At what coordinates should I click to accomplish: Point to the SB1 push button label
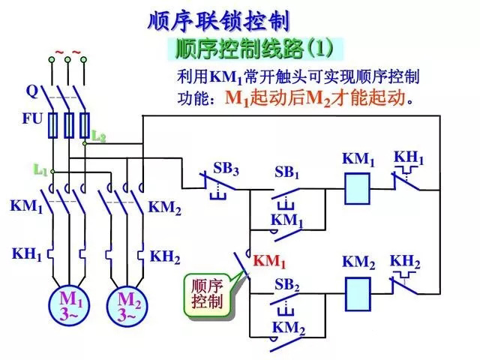[x=286, y=173]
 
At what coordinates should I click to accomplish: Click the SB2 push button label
[x=286, y=285]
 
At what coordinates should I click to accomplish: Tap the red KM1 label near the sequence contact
[x=269, y=261]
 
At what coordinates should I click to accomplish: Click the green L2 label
[x=98, y=136]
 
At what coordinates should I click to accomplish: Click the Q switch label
[x=31, y=91]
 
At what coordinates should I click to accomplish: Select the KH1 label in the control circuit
[x=409, y=159]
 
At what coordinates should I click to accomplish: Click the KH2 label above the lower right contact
[x=405, y=262]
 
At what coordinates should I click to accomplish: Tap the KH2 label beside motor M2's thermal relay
[x=165, y=256]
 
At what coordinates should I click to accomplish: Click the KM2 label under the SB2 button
[x=288, y=328]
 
